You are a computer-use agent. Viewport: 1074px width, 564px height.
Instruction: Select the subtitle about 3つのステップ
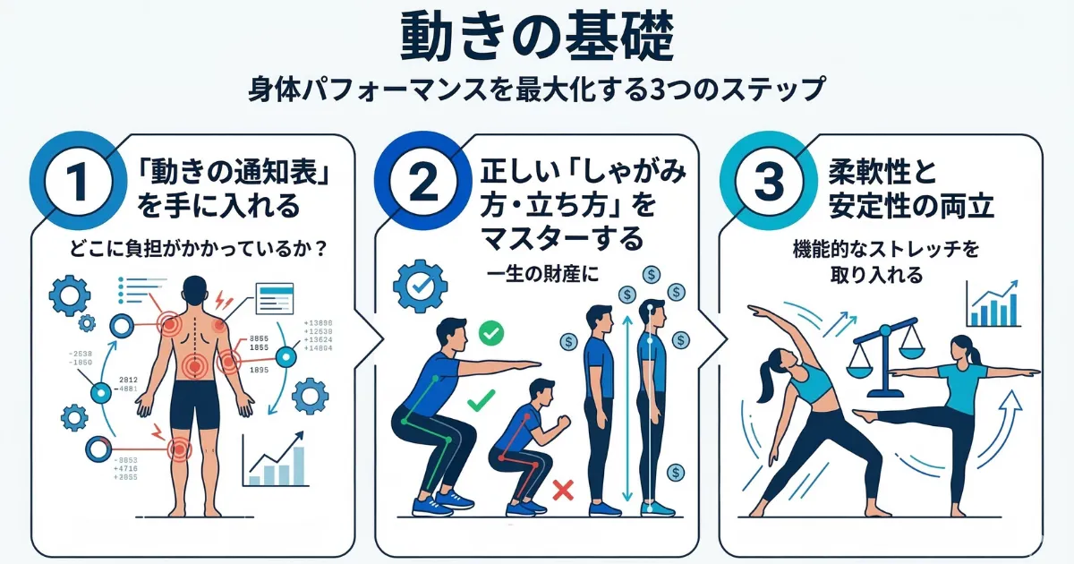click(x=537, y=90)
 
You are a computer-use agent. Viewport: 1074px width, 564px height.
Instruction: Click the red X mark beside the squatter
click(x=563, y=489)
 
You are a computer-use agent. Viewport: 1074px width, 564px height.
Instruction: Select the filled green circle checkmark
click(x=490, y=334)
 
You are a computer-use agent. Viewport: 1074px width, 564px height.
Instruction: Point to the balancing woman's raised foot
click(x=861, y=415)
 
